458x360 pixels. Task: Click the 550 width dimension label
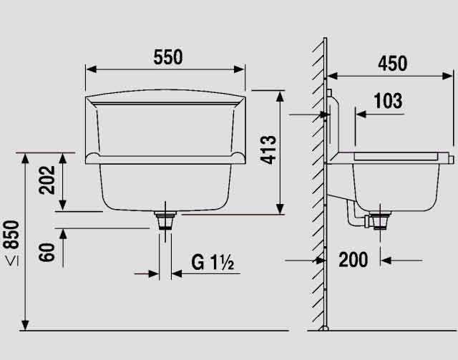(168, 57)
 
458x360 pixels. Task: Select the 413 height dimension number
(268, 150)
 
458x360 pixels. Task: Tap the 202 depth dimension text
(47, 180)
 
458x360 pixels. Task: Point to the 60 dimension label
(47, 252)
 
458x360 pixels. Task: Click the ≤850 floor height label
(12, 243)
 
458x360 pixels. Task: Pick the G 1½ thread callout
(213, 262)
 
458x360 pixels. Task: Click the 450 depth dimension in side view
(393, 64)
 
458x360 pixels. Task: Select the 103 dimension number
(388, 101)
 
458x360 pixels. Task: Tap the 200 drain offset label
(353, 260)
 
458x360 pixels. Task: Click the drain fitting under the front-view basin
(165, 220)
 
